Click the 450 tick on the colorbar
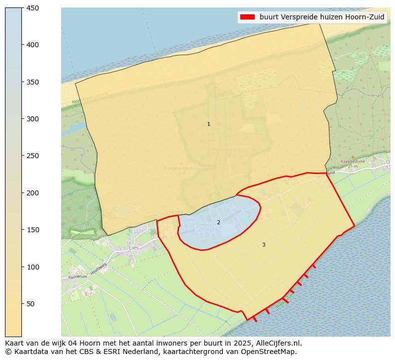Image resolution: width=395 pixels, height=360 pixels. click(33, 8)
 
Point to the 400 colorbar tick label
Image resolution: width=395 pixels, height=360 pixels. click(33, 45)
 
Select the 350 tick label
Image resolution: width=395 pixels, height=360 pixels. click(33, 82)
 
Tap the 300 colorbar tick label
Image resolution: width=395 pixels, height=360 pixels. click(33, 119)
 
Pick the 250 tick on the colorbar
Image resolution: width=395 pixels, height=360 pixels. click(33, 156)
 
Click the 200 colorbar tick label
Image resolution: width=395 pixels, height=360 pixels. click(33, 193)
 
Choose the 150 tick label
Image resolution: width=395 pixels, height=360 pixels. click(33, 230)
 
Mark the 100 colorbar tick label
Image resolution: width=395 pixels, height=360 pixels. click(33, 267)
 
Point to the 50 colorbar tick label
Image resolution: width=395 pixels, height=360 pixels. click(31, 304)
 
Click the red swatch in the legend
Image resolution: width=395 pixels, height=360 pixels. click(247, 17)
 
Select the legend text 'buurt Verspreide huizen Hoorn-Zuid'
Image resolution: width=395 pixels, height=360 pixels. click(322, 17)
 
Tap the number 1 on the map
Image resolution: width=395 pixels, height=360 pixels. click(208, 124)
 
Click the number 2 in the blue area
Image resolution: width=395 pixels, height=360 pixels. click(218, 222)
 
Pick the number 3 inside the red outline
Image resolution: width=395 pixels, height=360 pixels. click(264, 245)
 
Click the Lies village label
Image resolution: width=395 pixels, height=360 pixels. click(134, 248)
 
